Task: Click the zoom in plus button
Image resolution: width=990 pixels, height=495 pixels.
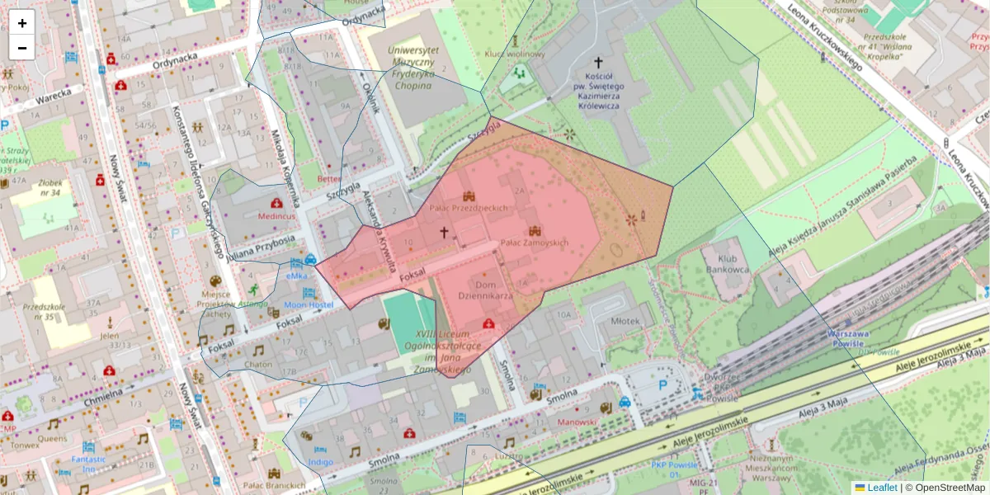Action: pyautogui.click(x=22, y=23)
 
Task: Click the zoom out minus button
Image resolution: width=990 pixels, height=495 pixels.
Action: pyautogui.click(x=22, y=48)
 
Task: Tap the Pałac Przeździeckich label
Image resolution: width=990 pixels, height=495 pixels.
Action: pyautogui.click(x=468, y=208)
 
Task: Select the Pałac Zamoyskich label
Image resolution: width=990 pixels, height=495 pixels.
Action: pyautogui.click(x=535, y=243)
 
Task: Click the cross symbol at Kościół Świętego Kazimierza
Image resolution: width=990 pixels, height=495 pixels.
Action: pyautogui.click(x=598, y=62)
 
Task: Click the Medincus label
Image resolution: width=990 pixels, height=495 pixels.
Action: pyautogui.click(x=276, y=216)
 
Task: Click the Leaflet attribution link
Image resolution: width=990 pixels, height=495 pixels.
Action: pyautogui.click(x=881, y=488)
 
